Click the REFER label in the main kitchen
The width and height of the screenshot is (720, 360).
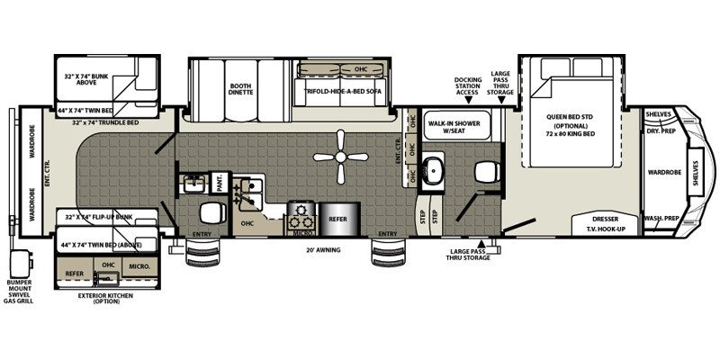[x=337, y=217]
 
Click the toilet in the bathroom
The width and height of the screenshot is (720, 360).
[x=486, y=170]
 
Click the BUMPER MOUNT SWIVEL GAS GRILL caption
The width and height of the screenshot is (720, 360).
[x=19, y=293]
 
